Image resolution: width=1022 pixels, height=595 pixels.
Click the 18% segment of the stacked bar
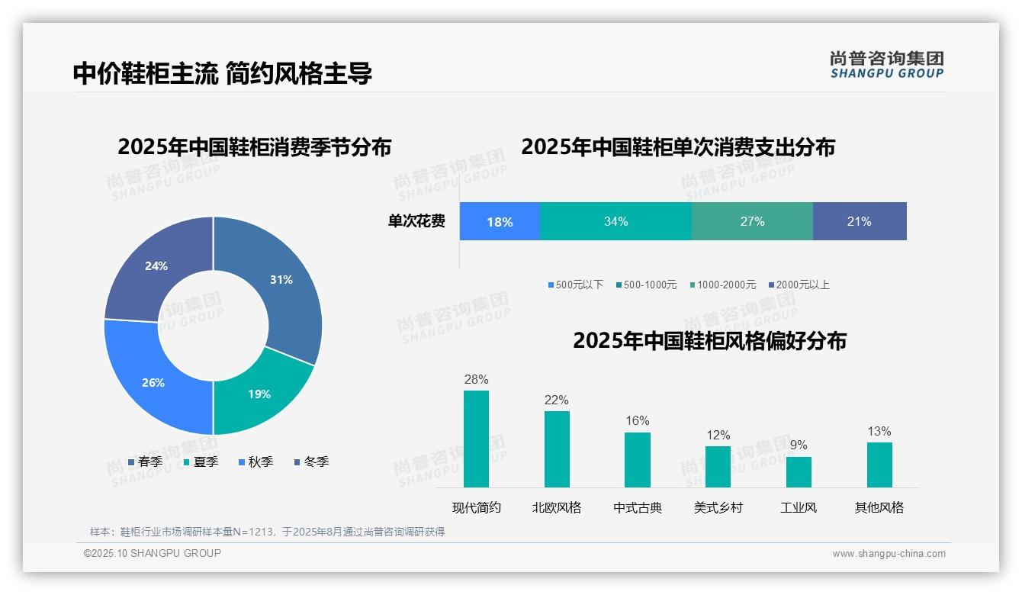[500, 222]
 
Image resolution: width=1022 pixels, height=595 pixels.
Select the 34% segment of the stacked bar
[615, 222]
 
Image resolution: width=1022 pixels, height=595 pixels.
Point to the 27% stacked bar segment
[752, 222]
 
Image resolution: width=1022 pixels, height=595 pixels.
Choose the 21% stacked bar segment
[860, 222]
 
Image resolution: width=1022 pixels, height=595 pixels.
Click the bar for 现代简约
[476, 439]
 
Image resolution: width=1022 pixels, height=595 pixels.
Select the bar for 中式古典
[638, 459]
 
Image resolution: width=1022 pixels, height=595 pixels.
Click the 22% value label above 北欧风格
[557, 400]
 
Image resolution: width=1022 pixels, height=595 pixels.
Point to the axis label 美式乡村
[718, 507]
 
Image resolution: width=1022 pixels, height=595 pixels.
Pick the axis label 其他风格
[879, 507]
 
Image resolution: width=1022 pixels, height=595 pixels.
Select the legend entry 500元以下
[576, 285]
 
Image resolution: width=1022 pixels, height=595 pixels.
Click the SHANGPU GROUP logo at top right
[887, 64]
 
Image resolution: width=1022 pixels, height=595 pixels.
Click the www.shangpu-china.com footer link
[889, 553]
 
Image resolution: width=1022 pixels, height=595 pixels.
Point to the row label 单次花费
[416, 222]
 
